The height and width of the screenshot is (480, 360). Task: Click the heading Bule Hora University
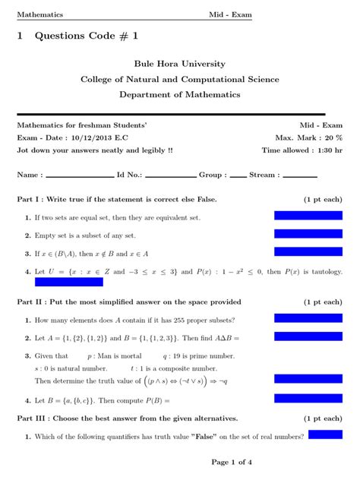(179, 64)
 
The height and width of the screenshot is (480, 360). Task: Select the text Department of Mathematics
(179, 94)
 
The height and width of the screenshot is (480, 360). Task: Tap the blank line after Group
(238, 175)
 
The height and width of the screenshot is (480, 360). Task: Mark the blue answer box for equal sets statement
(308, 217)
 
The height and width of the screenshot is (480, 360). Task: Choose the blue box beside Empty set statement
(308, 235)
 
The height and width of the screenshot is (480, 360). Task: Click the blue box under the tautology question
(68, 283)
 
